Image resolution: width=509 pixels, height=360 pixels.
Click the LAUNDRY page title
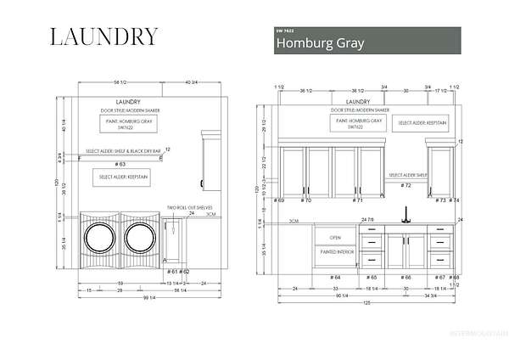click(103, 37)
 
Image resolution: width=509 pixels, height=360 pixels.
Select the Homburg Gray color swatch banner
click(367, 41)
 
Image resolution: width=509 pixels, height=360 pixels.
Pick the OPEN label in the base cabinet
click(335, 238)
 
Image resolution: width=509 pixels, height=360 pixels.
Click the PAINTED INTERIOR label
click(335, 252)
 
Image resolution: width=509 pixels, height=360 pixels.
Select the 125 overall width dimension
click(368, 304)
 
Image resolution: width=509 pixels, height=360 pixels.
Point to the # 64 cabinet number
click(336, 277)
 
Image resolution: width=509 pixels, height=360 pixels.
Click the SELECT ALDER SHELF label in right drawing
click(406, 175)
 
